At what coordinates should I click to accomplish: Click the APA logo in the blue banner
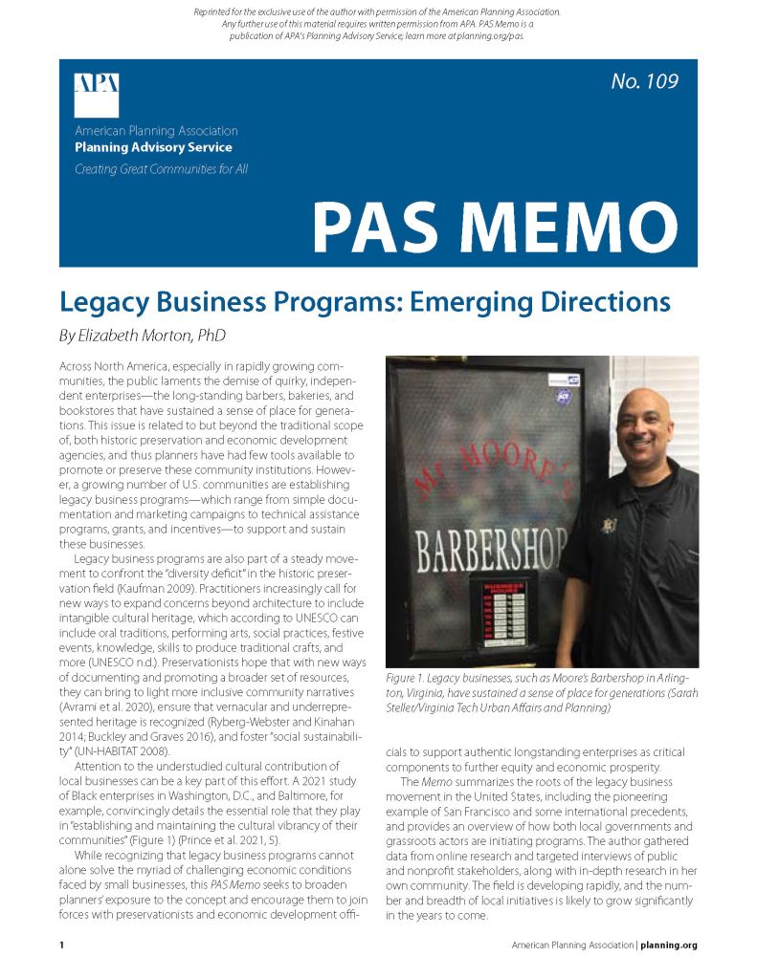point(96,95)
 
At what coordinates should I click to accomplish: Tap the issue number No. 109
point(644,82)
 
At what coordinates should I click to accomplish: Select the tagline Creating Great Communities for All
point(161,169)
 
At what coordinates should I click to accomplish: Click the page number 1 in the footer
point(62,945)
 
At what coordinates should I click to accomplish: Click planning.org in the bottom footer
point(669,945)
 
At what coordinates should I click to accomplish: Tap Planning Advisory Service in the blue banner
point(153,147)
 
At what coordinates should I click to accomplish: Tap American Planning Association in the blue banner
point(156,131)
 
